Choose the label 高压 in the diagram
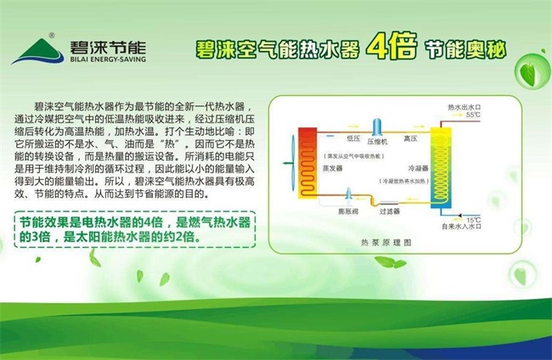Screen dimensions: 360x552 click(410, 138)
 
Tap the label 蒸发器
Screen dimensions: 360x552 click(332, 168)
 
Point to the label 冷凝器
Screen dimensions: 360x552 click(417, 168)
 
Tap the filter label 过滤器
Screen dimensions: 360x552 click(389, 211)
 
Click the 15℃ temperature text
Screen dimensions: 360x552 click(473, 219)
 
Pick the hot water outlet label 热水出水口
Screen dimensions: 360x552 click(465, 108)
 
